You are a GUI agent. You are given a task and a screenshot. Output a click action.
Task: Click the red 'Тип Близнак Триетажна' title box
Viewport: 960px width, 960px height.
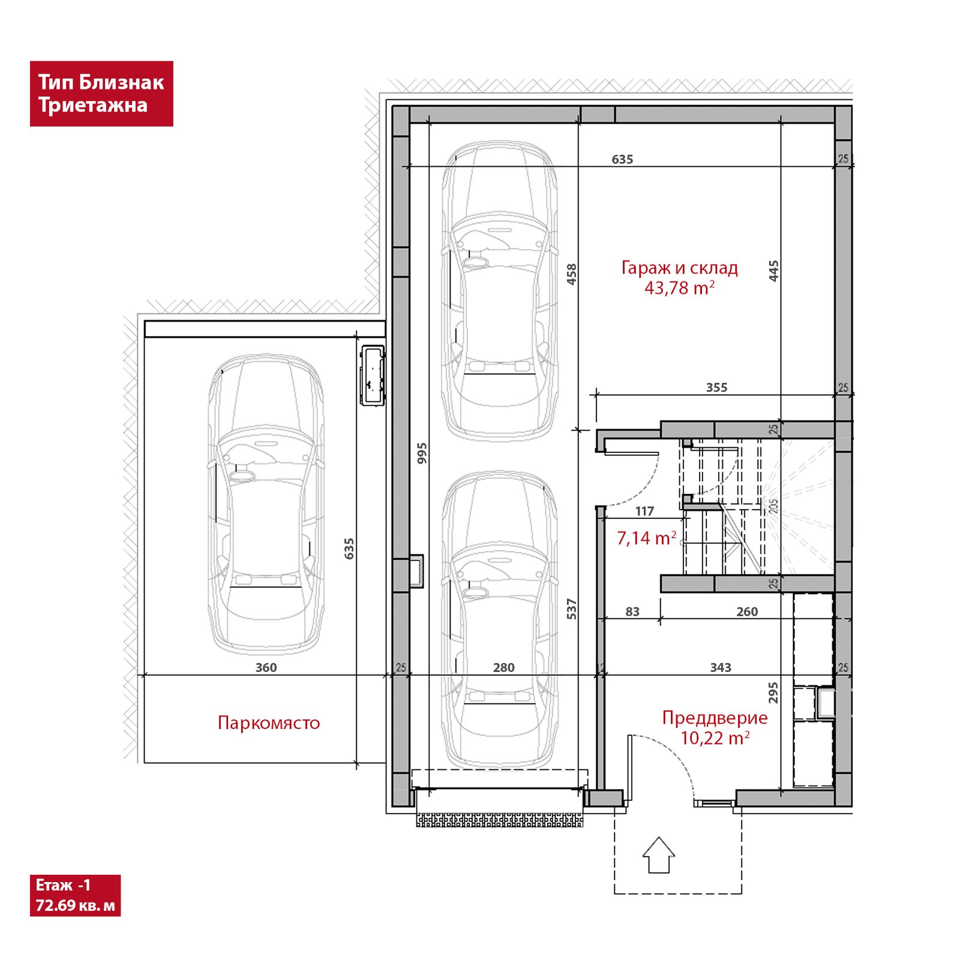pyautogui.click(x=101, y=94)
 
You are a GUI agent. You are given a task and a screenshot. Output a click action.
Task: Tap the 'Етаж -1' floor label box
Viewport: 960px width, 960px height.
pyautogui.click(x=75, y=895)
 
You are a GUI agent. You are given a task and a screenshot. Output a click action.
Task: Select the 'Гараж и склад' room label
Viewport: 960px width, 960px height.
pyautogui.click(x=679, y=268)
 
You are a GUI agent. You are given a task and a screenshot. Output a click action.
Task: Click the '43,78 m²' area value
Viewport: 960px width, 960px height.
pyautogui.click(x=679, y=288)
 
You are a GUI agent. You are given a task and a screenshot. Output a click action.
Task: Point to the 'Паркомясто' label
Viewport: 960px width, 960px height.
pyautogui.click(x=269, y=722)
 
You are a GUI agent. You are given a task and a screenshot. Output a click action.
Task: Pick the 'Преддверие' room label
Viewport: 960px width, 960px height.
pyautogui.click(x=715, y=718)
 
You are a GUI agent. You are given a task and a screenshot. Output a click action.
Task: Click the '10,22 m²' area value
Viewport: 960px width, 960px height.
pyautogui.click(x=715, y=738)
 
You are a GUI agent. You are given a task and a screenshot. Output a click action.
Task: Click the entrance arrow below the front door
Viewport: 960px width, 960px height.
pyautogui.click(x=659, y=855)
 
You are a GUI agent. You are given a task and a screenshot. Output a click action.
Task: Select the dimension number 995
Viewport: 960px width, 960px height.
pyautogui.click(x=422, y=453)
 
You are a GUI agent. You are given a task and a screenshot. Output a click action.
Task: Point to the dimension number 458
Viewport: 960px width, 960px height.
pyautogui.click(x=572, y=274)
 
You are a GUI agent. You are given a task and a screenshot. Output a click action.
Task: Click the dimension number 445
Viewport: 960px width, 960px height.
pyautogui.click(x=773, y=271)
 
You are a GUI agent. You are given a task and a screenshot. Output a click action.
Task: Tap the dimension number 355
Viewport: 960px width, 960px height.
pyautogui.click(x=716, y=388)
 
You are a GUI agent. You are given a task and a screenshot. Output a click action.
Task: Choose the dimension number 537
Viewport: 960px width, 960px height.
pyautogui.click(x=572, y=609)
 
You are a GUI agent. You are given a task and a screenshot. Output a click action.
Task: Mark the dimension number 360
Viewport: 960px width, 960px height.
pyautogui.click(x=266, y=668)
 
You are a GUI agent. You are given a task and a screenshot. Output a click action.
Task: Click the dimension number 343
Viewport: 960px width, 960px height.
pyautogui.click(x=721, y=668)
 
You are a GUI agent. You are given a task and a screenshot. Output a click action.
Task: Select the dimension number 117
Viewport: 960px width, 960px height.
pyautogui.click(x=644, y=511)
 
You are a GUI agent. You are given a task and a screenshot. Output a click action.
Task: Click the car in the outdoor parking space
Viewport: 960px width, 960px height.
pyautogui.click(x=266, y=504)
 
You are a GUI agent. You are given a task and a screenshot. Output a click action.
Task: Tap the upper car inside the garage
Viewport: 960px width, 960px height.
pyautogui.click(x=499, y=292)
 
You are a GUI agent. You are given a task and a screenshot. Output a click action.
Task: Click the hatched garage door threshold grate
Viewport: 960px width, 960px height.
pyautogui.click(x=500, y=820)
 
